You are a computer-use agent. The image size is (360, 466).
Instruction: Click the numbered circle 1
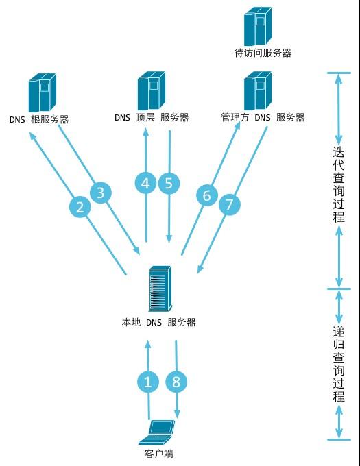pos(147,382)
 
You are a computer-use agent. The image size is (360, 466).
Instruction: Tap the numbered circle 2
pos(80,208)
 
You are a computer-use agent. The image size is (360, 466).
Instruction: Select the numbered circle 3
pos(101,193)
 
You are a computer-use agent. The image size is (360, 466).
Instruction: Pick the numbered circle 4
pos(145,183)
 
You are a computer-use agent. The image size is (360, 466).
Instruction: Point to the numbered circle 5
pos(169,183)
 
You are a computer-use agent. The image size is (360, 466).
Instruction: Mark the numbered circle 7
pos(230,204)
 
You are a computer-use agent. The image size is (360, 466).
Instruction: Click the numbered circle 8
pos(176,382)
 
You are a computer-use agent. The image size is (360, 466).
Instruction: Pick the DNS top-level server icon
pos(152,90)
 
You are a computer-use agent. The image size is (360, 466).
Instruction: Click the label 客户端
pos(159,453)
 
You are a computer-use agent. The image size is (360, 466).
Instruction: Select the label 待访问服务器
pos(263,53)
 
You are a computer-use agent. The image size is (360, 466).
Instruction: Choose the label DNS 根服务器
pos(39,119)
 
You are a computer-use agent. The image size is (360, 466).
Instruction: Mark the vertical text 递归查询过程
pos(338,363)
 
